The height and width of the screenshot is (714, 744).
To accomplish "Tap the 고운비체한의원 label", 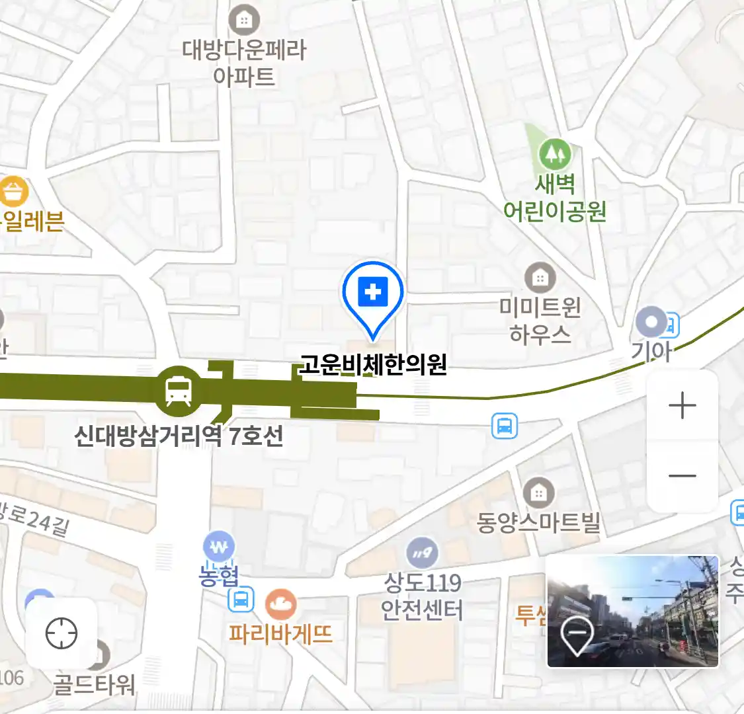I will click(374, 364).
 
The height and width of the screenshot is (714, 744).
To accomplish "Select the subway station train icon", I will click(178, 390).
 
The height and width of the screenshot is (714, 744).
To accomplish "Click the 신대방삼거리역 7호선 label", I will click(179, 436).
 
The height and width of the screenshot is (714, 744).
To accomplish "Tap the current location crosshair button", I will click(62, 634).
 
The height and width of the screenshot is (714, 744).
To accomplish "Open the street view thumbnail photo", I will click(632, 612).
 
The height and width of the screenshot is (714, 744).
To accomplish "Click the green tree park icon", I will click(554, 155).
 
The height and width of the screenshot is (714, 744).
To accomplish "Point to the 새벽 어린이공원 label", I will click(554, 198).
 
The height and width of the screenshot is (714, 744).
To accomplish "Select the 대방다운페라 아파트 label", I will click(244, 63).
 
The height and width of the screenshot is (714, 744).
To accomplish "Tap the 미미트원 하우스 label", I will click(540, 321).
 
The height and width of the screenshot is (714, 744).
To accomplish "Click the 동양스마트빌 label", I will click(538, 523).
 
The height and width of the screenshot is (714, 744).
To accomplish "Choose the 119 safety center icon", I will click(422, 553).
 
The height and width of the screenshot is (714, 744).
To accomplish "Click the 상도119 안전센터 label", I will click(422, 596).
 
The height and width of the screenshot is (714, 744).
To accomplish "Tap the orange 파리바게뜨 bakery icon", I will click(281, 604).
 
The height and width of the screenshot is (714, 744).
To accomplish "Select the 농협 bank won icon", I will click(218, 547).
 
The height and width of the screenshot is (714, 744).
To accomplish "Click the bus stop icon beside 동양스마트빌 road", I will click(505, 426).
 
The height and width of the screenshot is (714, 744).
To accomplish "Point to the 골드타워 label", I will click(94, 684).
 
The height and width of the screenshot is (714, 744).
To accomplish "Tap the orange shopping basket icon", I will click(14, 192).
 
